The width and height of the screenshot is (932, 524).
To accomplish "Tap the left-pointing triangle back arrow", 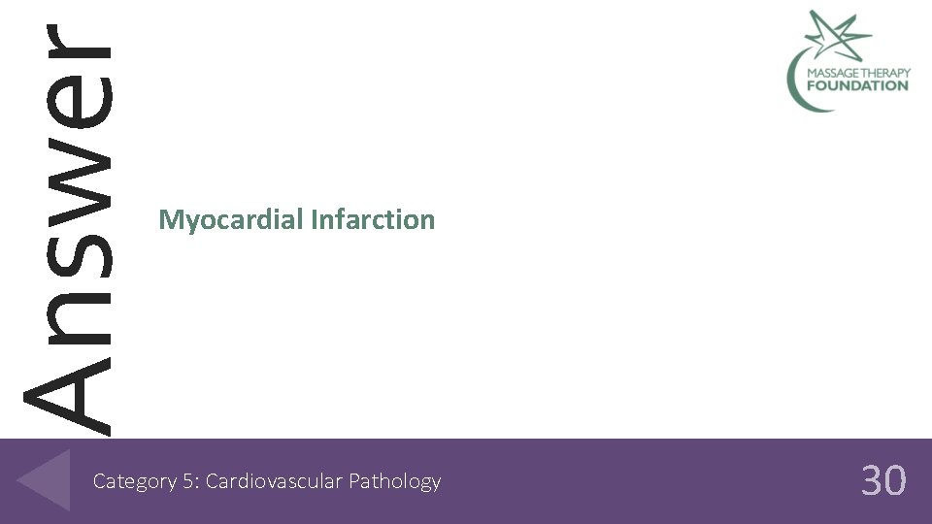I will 44,479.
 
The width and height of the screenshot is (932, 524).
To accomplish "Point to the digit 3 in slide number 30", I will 872,480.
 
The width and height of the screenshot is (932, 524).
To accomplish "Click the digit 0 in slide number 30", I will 895,480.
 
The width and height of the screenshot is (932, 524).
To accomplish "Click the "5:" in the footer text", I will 188,481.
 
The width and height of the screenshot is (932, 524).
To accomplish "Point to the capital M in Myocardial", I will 169,220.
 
